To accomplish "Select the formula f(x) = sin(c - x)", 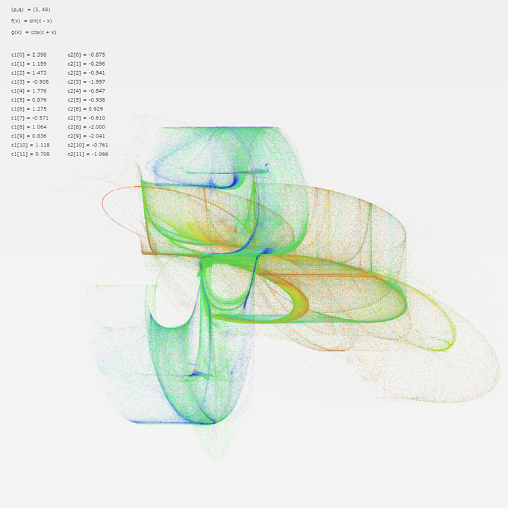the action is click(x=31, y=21).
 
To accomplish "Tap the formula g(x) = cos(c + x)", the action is click(x=34, y=32).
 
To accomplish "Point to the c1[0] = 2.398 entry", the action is click(x=29, y=55).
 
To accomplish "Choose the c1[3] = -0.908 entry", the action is click(x=30, y=82).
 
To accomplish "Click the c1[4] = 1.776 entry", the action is click(x=29, y=91).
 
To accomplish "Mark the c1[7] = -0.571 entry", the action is click(x=30, y=118).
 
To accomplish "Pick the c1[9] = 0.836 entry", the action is click(x=29, y=136).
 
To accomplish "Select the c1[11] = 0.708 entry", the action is click(x=31, y=154).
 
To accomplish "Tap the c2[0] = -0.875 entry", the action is click(x=87, y=55).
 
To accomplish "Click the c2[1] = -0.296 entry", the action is click(x=87, y=63).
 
